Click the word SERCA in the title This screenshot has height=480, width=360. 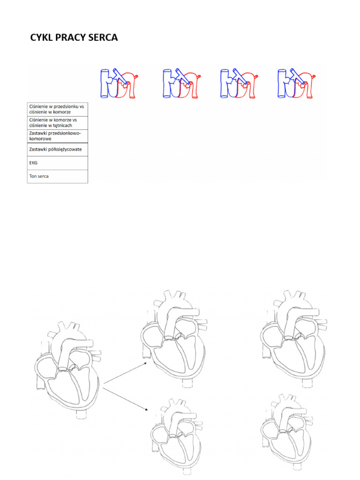point(103,37)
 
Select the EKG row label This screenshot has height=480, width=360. point(33,163)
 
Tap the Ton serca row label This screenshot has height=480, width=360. point(39,176)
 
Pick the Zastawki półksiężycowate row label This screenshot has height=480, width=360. point(55,150)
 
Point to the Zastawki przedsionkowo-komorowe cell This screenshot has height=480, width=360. point(58,136)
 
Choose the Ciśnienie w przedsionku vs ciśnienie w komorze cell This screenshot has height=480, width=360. point(58,110)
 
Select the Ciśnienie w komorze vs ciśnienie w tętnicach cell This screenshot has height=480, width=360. point(58,123)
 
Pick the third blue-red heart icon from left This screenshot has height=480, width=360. point(239,83)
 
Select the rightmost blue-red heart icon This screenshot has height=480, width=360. point(296,83)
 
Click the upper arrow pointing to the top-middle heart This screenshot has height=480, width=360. point(126,373)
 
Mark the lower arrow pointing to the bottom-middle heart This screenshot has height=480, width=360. point(126,399)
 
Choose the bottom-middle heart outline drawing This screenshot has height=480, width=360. point(177,436)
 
